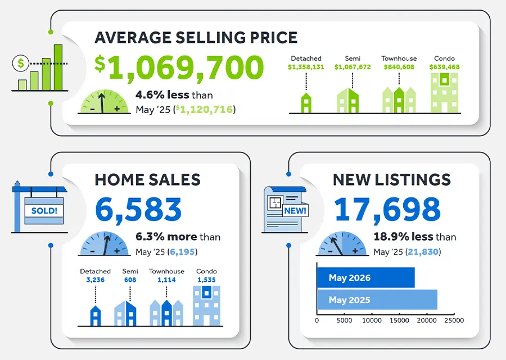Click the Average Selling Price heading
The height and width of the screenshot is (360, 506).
click(196, 38)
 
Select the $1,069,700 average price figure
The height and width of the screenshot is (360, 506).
click(179, 67)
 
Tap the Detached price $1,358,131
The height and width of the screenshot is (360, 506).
click(306, 67)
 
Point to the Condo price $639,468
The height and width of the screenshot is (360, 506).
click(444, 67)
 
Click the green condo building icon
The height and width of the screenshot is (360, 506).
click(444, 93)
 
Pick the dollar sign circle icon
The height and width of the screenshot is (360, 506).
click(21, 64)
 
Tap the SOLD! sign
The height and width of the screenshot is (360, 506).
click(44, 211)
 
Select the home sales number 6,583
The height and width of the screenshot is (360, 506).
click(138, 209)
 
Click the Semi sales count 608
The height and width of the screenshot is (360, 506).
click(130, 280)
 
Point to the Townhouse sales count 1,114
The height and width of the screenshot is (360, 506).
click(166, 280)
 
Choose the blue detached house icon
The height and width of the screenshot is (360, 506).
click(95, 316)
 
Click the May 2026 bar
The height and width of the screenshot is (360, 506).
click(365, 277)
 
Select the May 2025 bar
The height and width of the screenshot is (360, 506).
click(377, 300)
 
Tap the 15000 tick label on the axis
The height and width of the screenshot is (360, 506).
click(399, 320)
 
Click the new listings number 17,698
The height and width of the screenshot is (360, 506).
click(387, 209)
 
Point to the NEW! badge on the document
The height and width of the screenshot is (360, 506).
click(295, 211)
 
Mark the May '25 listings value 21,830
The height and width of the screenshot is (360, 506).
click(423, 252)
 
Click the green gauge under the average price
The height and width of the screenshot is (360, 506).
click(104, 102)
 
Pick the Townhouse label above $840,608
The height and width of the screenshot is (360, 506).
click(399, 58)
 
